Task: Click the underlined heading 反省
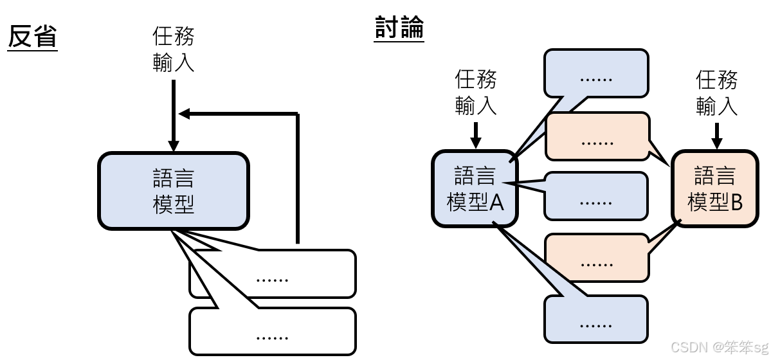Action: tap(32, 37)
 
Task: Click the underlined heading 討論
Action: tap(399, 29)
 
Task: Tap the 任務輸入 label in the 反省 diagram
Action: tap(173, 49)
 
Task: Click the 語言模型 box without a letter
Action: tap(173, 190)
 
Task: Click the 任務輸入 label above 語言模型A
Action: tap(476, 92)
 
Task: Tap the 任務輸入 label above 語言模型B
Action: tap(716, 92)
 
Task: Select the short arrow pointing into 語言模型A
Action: tap(476, 134)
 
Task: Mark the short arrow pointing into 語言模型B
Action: tap(717, 134)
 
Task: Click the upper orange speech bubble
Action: tap(597, 136)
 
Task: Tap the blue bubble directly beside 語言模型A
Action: tap(595, 196)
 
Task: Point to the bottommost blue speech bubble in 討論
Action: tap(595, 319)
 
